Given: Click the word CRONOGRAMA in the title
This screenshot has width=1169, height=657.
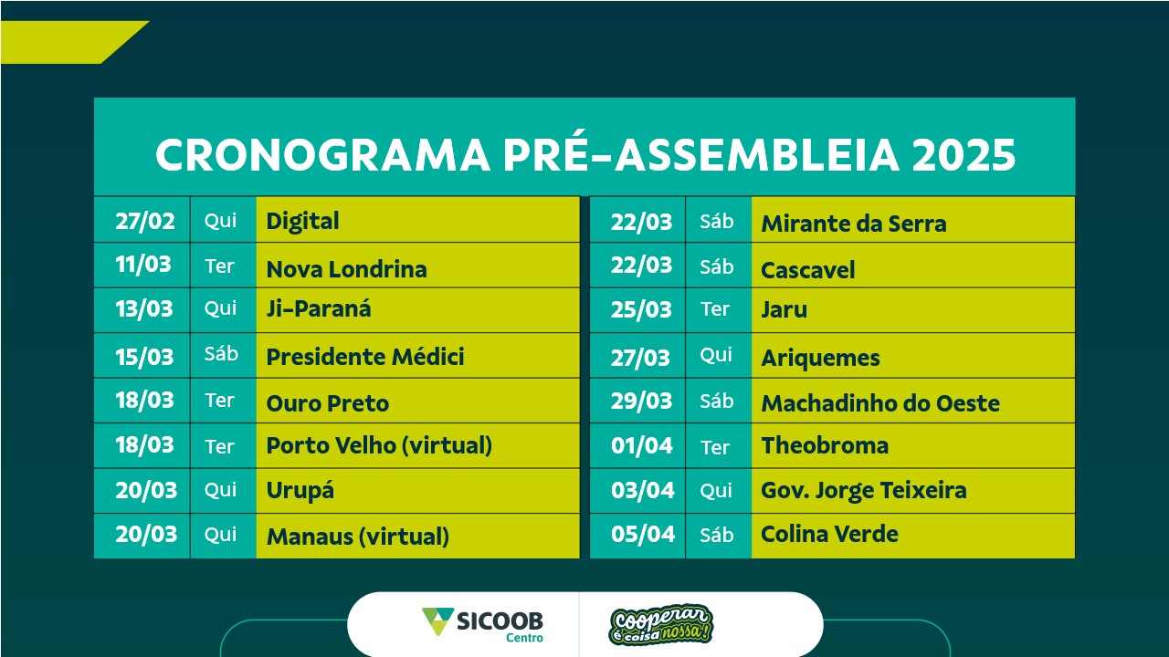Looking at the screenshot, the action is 322,155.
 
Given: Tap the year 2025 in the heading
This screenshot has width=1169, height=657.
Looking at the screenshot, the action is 964,155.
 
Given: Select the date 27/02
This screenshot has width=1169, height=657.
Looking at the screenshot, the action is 145,221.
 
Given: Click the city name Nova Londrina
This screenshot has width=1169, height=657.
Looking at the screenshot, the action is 346,269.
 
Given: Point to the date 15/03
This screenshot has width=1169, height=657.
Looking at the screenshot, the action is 144,357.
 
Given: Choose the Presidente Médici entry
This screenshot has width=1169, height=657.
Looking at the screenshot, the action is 365,357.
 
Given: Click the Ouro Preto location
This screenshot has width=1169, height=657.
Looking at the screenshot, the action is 328,403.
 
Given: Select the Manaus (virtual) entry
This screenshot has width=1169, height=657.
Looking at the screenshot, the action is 358,537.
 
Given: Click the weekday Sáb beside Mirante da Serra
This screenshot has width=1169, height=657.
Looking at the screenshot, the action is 717,222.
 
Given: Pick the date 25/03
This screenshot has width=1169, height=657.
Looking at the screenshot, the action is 641,309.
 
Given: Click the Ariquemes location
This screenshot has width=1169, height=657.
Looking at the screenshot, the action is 820,359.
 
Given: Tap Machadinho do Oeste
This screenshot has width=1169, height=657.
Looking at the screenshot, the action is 880,403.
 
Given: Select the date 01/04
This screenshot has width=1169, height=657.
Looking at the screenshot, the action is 642,446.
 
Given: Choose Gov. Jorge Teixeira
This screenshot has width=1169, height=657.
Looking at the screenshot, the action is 864,491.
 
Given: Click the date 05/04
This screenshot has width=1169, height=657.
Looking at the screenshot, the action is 643,534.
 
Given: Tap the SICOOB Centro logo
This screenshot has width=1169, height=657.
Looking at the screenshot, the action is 483,624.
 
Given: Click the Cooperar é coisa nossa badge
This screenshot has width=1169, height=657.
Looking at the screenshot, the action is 660,625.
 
